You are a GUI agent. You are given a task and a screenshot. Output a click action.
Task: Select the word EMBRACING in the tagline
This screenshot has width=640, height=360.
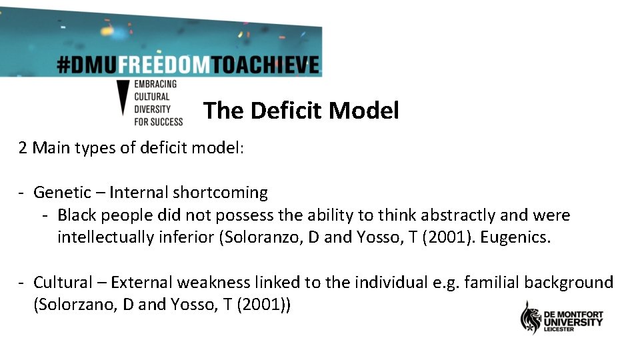click(156, 84)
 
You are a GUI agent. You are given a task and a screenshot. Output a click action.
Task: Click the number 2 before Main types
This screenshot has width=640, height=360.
click(23, 147)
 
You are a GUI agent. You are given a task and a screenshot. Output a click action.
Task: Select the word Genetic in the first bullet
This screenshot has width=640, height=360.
click(63, 193)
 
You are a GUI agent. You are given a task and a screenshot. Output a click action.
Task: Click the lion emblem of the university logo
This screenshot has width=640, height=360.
click(531, 318)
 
